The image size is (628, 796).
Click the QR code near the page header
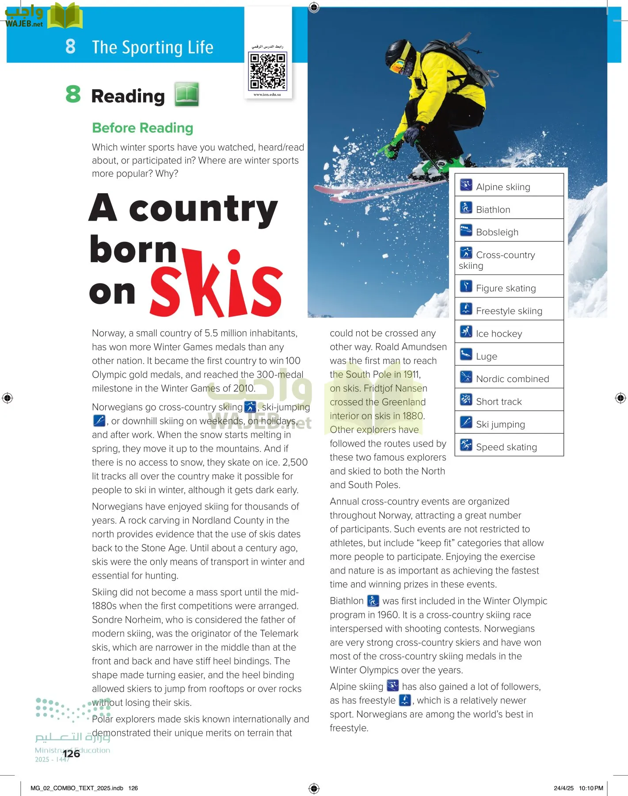pos(268,71)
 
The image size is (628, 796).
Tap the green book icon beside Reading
pos(186,94)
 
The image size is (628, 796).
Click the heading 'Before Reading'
pos(142,128)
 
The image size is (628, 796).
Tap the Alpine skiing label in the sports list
pos(503,187)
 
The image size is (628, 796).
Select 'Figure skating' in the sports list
pos(506,288)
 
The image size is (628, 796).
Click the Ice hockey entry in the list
pos(499,334)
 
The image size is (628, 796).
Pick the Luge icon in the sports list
pos(466,354)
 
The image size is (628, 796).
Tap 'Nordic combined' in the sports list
pos(512,379)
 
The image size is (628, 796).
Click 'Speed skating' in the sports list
pos(506,447)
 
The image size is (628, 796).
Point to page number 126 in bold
pos(71,754)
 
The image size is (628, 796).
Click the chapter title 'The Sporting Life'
pos(152,47)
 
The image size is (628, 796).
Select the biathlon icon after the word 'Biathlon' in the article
pos(373,601)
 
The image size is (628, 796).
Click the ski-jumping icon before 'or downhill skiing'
pos(99,421)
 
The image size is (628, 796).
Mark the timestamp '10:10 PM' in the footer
pos(591,788)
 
